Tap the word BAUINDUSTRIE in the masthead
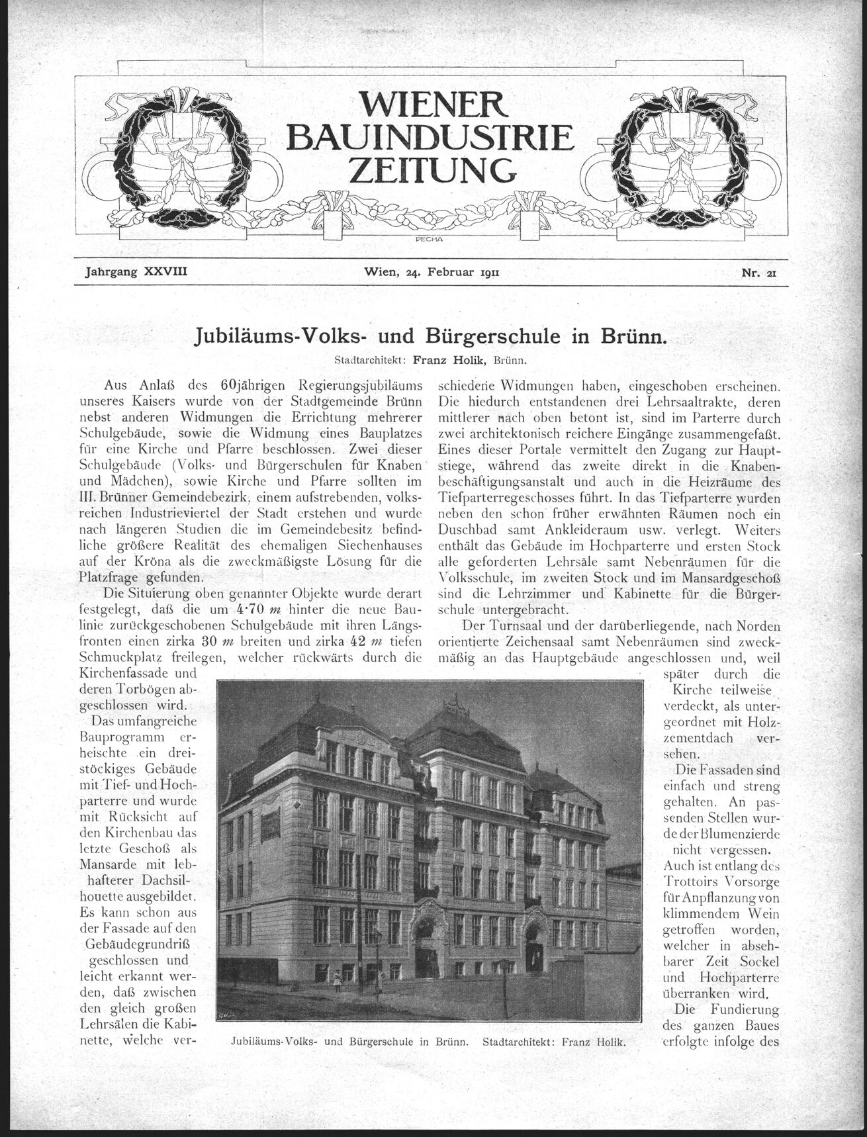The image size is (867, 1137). coord(433,137)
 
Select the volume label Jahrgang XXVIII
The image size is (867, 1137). coord(136,271)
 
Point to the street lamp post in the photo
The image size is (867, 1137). coord(378,953)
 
